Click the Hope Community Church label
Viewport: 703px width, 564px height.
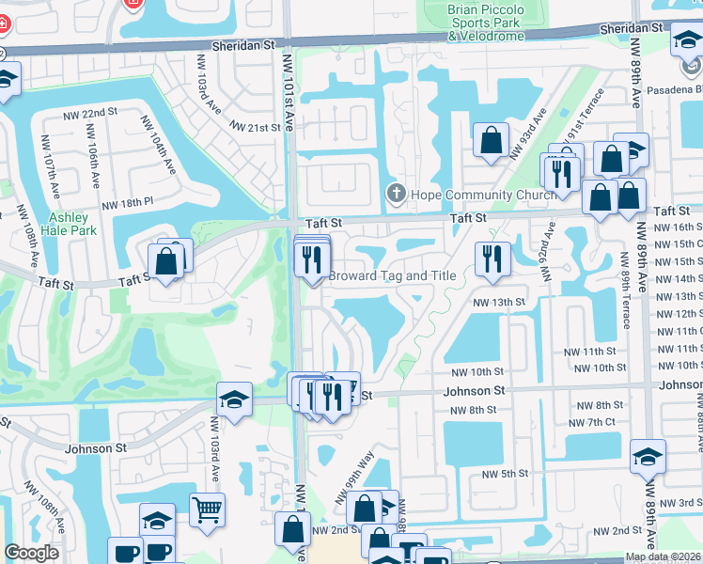click(463, 196)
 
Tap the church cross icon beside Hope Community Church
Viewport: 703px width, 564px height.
click(396, 196)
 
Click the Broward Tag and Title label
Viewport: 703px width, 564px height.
click(392, 276)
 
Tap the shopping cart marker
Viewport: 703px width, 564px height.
click(207, 511)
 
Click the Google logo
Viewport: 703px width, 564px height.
click(31, 553)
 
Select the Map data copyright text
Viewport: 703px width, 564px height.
click(663, 556)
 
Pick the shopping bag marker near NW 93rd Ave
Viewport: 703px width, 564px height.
click(490, 141)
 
